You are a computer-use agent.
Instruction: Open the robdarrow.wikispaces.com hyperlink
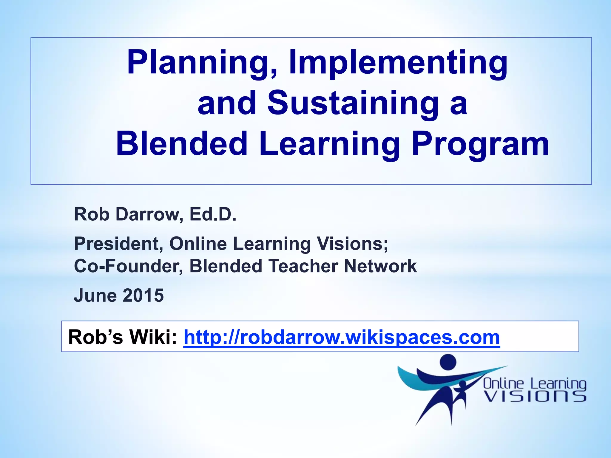click(342, 337)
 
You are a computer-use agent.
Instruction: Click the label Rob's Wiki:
click(123, 337)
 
